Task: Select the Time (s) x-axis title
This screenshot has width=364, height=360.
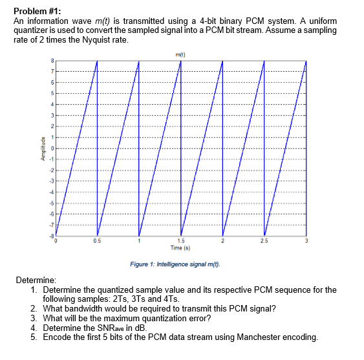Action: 180,248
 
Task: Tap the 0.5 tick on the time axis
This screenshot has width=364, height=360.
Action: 97,241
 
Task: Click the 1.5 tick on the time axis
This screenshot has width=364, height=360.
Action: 180,241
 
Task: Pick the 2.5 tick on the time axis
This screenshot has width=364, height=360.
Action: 264,241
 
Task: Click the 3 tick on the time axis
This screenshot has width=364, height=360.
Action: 305,241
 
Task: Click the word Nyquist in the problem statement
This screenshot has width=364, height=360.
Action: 100,39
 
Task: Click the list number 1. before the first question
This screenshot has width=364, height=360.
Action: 34,290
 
